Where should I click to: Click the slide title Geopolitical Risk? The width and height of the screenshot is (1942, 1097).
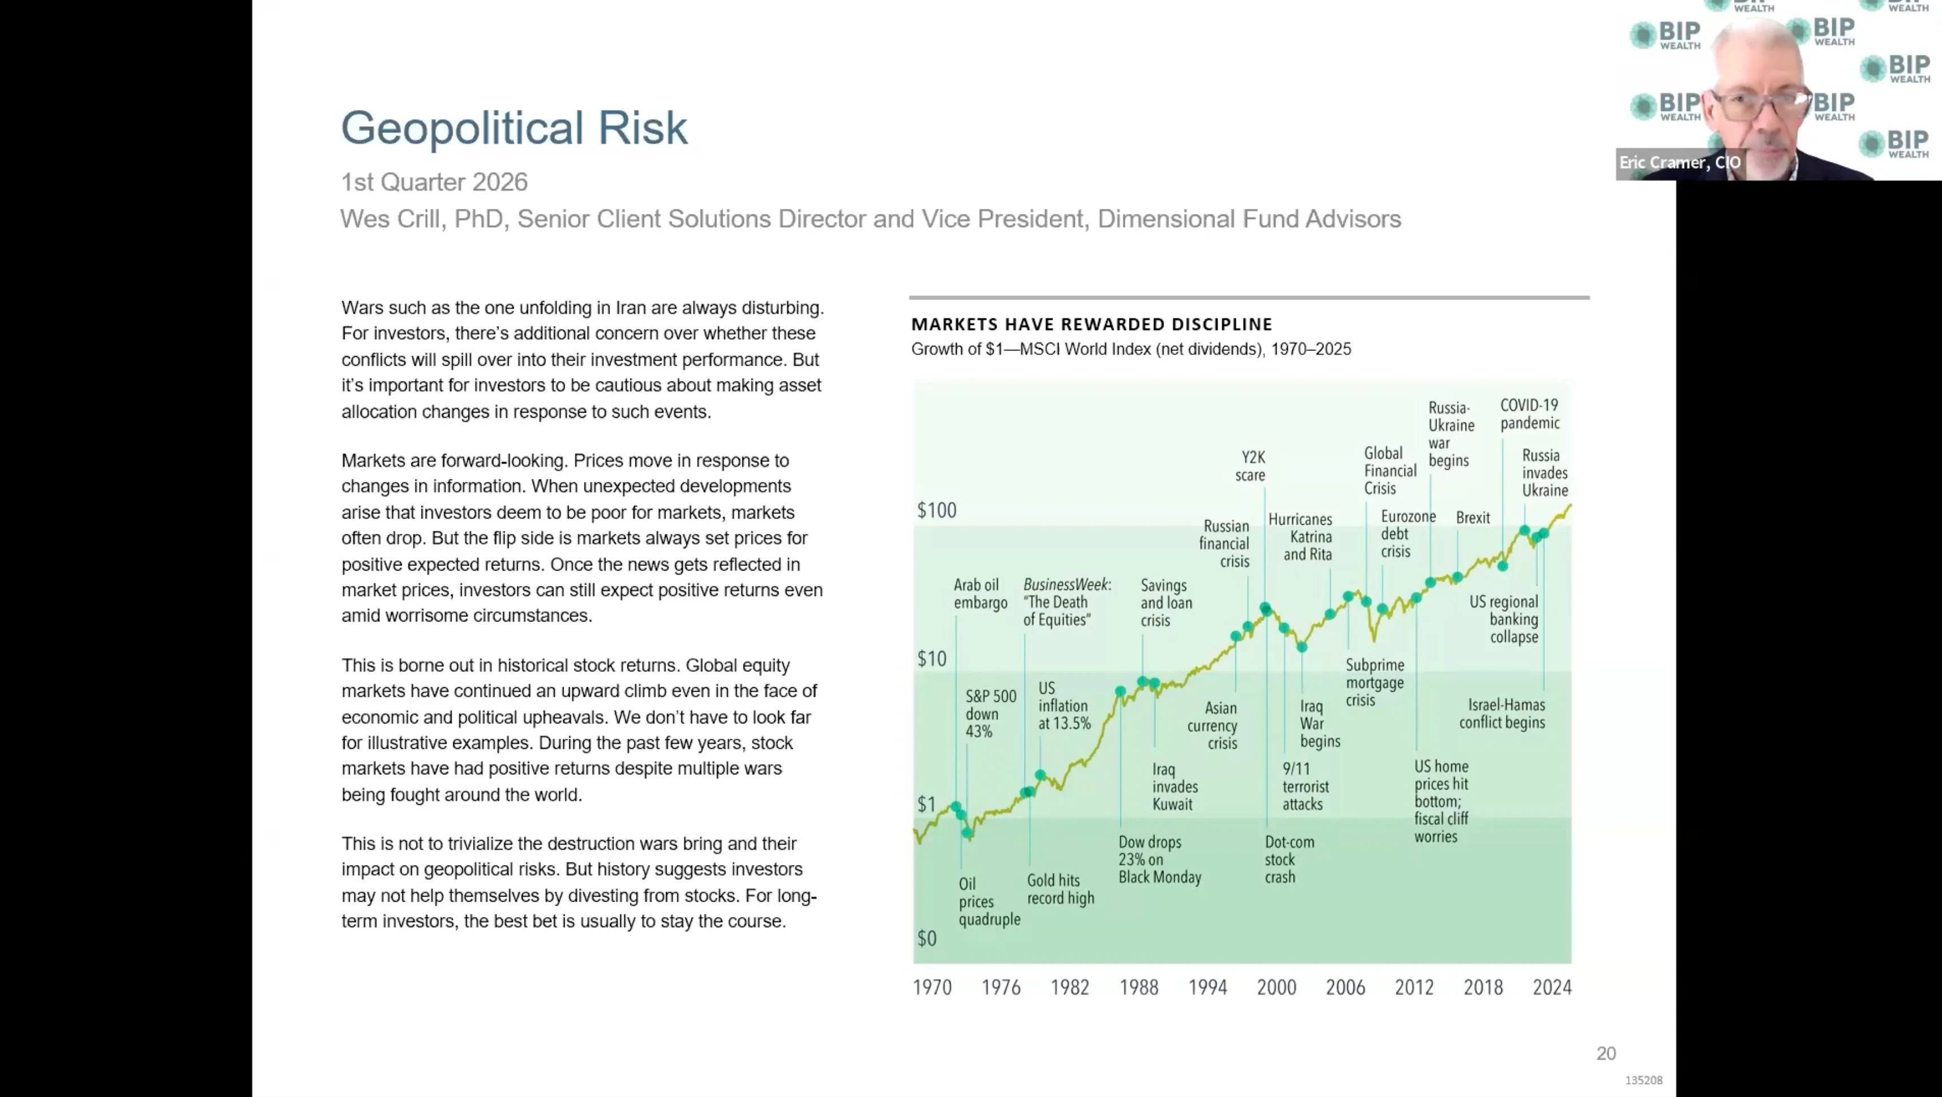514,128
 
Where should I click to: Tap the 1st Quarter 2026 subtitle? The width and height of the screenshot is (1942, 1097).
434,182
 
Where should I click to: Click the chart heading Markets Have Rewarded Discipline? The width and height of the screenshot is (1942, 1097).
1092,324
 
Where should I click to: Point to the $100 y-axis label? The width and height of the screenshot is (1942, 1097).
936,511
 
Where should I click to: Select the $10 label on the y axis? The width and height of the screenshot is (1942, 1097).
932,659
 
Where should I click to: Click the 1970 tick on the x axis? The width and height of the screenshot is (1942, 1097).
932,987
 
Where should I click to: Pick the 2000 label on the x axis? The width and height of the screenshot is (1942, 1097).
1277,987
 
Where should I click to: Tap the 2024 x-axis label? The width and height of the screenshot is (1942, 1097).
1552,987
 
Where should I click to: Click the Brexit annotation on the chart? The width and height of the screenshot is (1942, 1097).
1473,518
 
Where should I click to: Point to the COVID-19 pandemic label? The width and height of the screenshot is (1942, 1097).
1529,414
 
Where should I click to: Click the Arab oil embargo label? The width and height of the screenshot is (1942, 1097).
980,594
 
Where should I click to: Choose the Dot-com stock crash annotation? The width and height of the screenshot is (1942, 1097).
1289,859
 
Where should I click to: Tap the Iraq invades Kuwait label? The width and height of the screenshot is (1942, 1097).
1175,786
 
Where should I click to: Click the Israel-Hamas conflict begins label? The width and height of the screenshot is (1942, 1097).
1502,713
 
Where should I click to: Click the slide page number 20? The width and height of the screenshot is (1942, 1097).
1606,1053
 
